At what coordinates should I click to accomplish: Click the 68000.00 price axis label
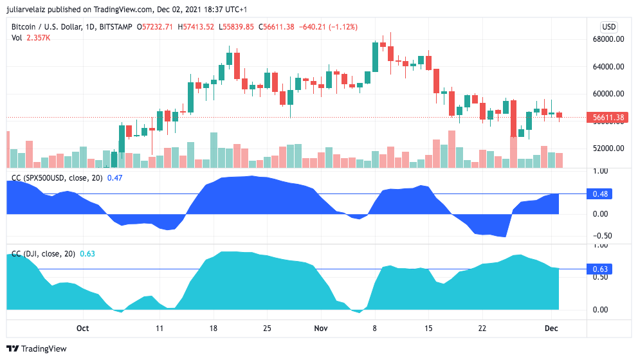(608, 39)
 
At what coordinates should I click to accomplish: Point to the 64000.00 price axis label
(608, 66)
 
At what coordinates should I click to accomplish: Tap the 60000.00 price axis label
(608, 93)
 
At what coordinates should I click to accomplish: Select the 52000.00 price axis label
(608, 148)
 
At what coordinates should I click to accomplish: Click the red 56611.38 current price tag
(608, 118)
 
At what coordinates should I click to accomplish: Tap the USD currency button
(608, 27)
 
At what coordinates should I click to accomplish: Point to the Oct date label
(82, 328)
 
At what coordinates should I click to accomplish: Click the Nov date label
(321, 328)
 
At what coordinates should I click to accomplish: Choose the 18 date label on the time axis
(214, 328)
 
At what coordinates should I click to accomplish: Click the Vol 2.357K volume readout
(31, 38)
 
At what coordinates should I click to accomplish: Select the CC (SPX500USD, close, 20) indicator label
(57, 178)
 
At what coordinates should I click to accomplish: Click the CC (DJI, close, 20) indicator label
(43, 254)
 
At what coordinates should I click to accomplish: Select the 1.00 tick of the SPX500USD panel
(600, 171)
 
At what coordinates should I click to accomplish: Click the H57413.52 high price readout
(199, 27)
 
